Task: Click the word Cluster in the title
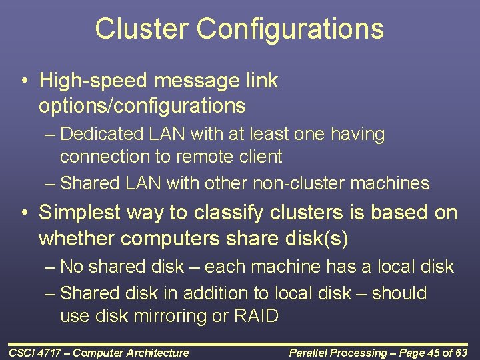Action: (x=141, y=29)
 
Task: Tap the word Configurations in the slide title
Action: (x=290, y=29)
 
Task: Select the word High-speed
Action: (x=93, y=81)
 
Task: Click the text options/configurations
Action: (x=142, y=105)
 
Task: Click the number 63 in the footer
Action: (x=463, y=353)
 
